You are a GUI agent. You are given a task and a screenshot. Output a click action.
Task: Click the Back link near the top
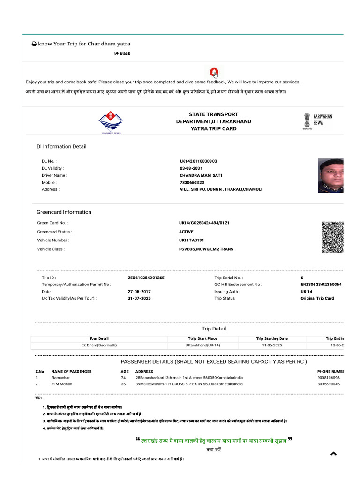click(122, 53)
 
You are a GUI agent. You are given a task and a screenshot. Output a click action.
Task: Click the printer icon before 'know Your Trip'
click(34, 44)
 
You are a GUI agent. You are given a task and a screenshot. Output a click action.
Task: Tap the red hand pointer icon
click(214, 73)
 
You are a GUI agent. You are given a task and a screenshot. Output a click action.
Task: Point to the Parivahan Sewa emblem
click(306, 121)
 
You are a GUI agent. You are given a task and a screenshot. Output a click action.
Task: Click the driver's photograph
click(330, 175)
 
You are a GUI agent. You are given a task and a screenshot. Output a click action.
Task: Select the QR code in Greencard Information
click(332, 237)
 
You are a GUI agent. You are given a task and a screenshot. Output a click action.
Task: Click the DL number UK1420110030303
click(198, 161)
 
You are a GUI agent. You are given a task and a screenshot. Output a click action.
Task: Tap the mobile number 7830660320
click(192, 182)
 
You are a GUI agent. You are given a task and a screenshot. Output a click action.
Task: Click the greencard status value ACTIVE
click(186, 232)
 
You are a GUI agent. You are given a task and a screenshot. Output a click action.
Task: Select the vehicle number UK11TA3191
click(191, 240)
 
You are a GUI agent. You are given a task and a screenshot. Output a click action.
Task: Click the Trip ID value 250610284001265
click(146, 277)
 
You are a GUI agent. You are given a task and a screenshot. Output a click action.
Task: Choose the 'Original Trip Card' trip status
click(317, 298)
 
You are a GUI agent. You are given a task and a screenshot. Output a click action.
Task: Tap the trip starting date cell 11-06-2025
click(272, 345)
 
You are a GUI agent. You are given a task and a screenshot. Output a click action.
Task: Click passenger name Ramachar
click(61, 377)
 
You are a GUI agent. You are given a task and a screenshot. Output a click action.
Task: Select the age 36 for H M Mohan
click(123, 384)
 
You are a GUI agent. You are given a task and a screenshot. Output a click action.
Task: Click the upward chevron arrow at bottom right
click(333, 453)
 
